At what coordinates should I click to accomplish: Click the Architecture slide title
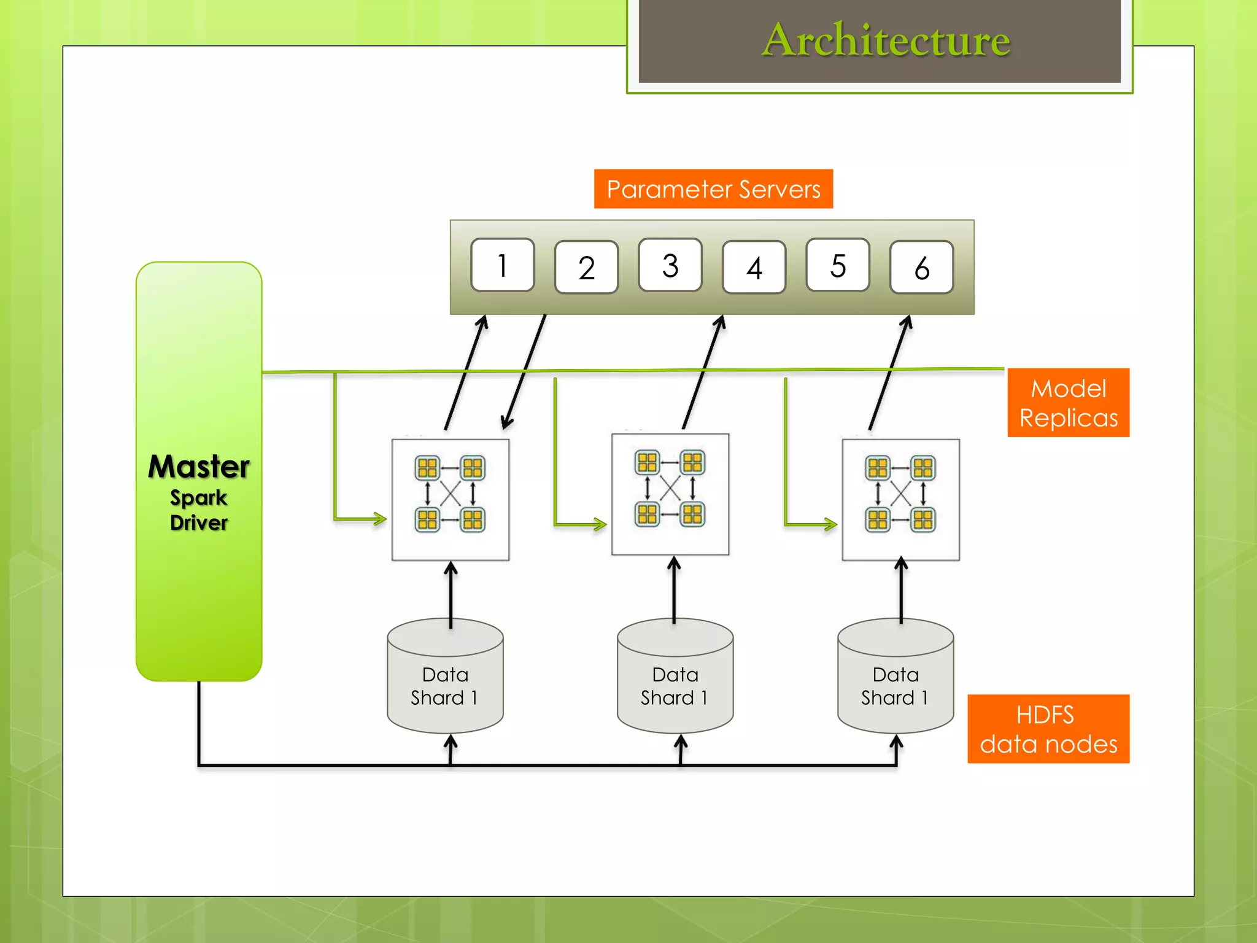pos(885,41)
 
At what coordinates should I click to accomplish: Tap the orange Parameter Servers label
pos(713,189)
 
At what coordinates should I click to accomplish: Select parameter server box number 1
pos(502,265)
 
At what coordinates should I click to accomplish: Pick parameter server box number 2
pos(586,268)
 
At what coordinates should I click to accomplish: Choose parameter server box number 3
pos(670,265)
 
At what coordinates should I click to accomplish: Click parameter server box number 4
pos(754,268)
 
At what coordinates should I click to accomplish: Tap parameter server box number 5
pos(838,265)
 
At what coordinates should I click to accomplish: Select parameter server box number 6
pos(921,268)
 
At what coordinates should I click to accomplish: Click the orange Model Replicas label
pos(1068,403)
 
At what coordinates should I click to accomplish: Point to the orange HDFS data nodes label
pos(1048,729)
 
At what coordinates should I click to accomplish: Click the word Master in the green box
pos(199,467)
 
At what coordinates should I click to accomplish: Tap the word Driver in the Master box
pos(199,523)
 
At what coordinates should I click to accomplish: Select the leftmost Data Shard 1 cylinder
pos(445,681)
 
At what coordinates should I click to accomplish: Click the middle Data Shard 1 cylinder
pos(675,681)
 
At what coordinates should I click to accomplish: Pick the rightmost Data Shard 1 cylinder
pos(895,681)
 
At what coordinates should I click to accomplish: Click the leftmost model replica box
pos(451,499)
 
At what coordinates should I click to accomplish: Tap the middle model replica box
pos(670,494)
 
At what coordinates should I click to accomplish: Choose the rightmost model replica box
pos(900,499)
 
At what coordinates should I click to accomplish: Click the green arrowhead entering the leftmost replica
pos(380,519)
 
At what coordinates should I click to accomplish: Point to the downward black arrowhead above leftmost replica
pos(506,422)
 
